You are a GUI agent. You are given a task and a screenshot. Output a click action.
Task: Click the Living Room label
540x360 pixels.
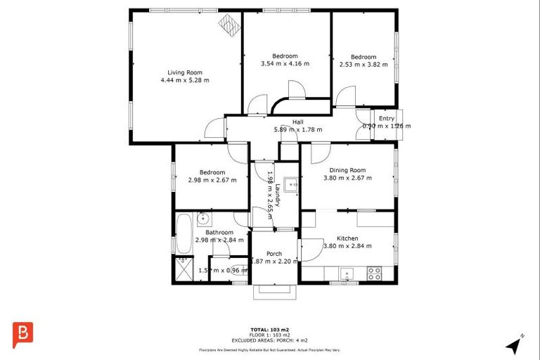click(x=184, y=72)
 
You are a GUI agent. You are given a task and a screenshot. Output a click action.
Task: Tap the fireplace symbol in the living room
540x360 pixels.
click(x=228, y=25)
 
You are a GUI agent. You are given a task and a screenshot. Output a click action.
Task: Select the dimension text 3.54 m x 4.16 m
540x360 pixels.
click(x=285, y=64)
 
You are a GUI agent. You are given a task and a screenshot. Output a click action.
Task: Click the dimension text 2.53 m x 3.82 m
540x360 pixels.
click(x=364, y=65)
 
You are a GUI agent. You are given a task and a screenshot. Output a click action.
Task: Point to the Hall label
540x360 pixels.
click(x=297, y=122)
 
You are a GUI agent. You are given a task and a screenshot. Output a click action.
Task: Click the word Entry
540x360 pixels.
click(x=386, y=118)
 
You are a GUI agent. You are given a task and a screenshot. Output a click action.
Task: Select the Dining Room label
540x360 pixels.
click(x=347, y=170)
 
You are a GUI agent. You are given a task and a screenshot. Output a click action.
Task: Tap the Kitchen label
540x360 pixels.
click(x=347, y=238)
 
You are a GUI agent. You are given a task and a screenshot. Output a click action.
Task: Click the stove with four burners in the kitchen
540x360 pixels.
click(x=373, y=274)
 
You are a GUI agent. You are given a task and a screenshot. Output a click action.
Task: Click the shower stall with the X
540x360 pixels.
click(x=182, y=269)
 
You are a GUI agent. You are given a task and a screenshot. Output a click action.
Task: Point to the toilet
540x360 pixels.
click(x=240, y=269)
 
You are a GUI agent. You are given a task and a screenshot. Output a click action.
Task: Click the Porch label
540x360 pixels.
click(x=275, y=254)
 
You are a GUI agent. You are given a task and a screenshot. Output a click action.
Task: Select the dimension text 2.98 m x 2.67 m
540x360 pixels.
click(x=212, y=180)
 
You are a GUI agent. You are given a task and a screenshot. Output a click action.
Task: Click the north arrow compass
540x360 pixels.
click(x=515, y=345)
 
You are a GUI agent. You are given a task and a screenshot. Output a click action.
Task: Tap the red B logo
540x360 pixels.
click(x=23, y=333)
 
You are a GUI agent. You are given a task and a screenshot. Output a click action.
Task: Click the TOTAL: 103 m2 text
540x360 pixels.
click(x=269, y=329)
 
